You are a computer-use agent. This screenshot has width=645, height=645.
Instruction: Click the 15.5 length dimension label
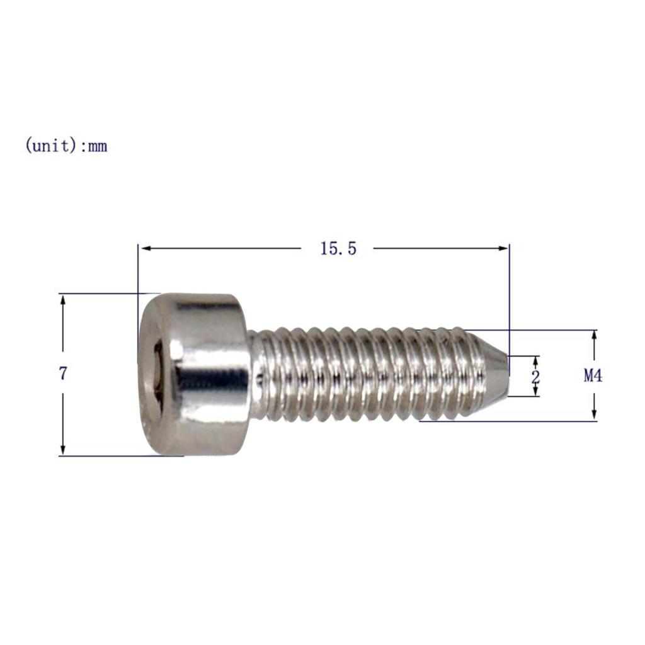[338, 249]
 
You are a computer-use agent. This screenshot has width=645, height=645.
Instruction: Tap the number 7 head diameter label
[62, 374]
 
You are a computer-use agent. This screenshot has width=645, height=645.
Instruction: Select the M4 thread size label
[593, 376]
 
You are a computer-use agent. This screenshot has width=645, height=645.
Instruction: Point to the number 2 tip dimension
[536, 377]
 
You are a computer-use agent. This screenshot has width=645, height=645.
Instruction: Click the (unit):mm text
[66, 147]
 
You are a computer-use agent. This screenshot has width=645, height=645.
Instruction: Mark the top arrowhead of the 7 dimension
[62, 299]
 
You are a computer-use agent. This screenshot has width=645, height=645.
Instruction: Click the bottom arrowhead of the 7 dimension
[62, 449]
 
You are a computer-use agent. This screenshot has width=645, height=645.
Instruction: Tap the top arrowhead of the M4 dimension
[594, 336]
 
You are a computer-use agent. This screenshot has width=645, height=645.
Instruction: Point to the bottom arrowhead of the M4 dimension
[594, 415]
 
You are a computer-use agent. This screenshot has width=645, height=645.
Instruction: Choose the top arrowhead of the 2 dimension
[536, 360]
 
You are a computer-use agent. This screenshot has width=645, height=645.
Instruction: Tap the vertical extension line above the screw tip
[509, 296]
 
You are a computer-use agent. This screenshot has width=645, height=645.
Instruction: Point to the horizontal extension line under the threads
[504, 421]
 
